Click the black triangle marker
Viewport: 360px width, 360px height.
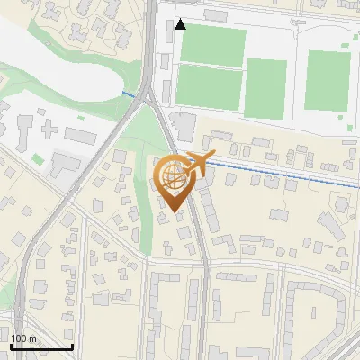point(181,24)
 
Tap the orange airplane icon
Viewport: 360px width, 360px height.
point(198,164)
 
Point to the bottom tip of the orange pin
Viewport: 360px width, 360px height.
point(172,211)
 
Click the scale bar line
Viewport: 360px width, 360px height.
point(41,347)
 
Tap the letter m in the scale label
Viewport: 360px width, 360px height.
point(32,338)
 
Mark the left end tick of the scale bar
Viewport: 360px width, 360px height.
point(11,346)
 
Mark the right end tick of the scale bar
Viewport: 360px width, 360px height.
point(72,346)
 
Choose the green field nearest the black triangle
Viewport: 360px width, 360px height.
point(211,44)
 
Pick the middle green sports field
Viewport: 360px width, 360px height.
point(266,85)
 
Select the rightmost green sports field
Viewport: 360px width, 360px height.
point(328,80)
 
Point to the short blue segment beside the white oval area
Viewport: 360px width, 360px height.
point(130,94)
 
